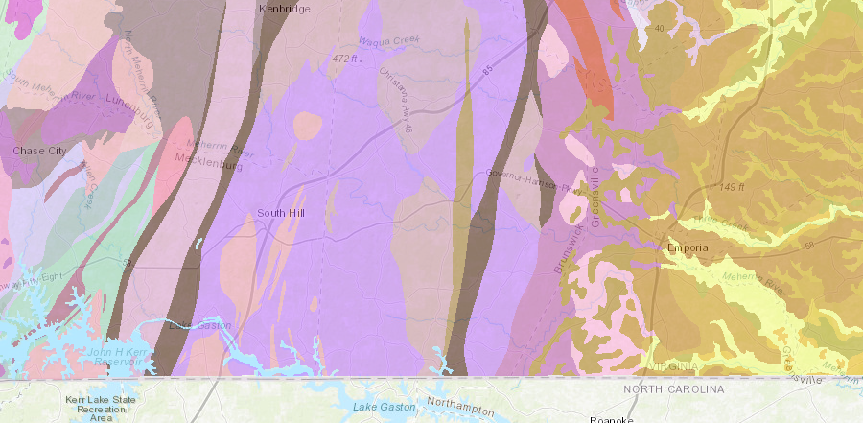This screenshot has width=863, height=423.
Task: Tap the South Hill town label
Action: pos(280,212)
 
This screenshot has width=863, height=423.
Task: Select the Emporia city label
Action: pos(687,247)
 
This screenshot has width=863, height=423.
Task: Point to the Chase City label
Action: pos(38,151)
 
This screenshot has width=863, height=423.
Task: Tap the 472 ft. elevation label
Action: pos(345,59)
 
